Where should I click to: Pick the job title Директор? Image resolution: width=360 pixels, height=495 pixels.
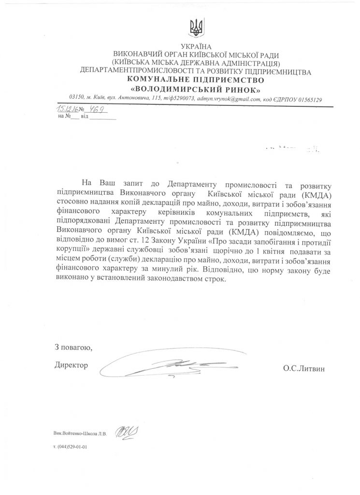[72, 365]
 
